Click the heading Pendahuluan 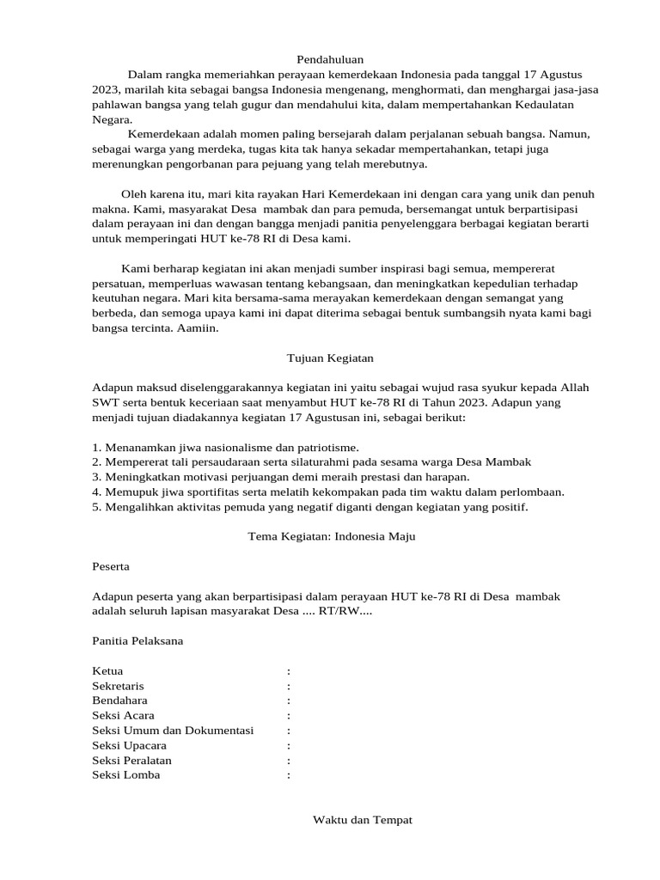click(x=330, y=59)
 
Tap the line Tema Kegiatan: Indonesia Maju click(x=332, y=536)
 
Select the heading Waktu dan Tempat click(x=363, y=821)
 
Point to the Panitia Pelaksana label click(x=137, y=641)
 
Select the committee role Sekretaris click(x=118, y=686)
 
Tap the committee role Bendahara click(x=119, y=700)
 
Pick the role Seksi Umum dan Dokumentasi click(x=173, y=730)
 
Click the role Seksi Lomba click(x=125, y=775)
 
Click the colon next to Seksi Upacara click(x=289, y=746)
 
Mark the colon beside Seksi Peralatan click(x=289, y=761)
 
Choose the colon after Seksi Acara click(x=289, y=716)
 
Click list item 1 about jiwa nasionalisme click(x=225, y=448)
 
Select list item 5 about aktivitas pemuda click(x=309, y=507)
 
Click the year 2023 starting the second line click(x=108, y=89)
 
